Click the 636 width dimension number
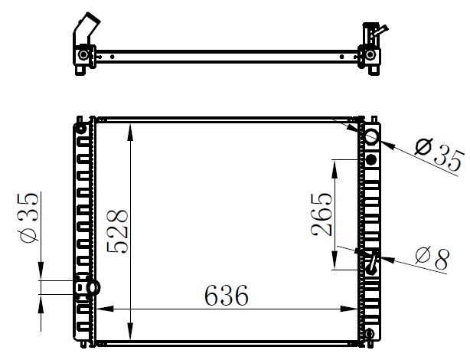pos(227,296)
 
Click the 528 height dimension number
pos(117,231)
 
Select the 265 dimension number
pos(321,214)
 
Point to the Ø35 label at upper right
pos(439,154)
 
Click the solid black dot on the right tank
pos(371,159)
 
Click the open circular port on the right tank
pos(370,136)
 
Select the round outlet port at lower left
pos(93,288)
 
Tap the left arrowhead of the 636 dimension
pos(105,309)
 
